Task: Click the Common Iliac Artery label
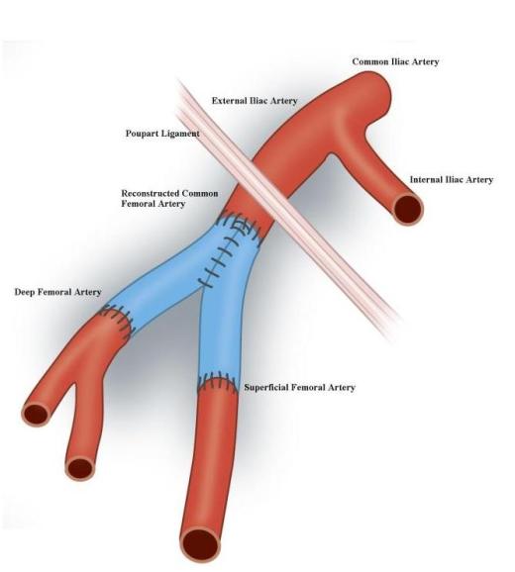pyautogui.click(x=395, y=61)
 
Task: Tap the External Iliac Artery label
pyautogui.click(x=255, y=101)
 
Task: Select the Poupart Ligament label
pyautogui.click(x=162, y=134)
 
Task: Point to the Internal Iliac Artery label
pyautogui.click(x=452, y=179)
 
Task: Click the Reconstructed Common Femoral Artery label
pyautogui.click(x=169, y=199)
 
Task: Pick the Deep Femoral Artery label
pyautogui.click(x=57, y=292)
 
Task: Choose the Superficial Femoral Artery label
pyautogui.click(x=300, y=387)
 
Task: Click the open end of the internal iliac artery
pyautogui.click(x=409, y=210)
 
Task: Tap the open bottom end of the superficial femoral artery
pyautogui.click(x=201, y=545)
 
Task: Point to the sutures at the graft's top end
pyautogui.click(x=241, y=227)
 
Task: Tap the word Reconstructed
pyautogui.click(x=150, y=193)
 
